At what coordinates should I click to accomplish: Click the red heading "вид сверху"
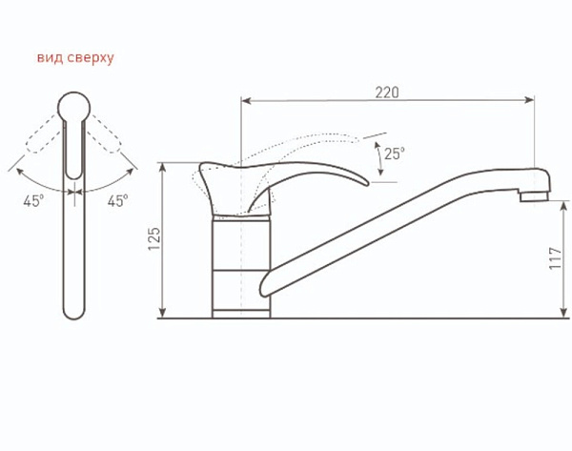75,57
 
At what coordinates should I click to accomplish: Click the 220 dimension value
387,92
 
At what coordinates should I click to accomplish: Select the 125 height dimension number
154,239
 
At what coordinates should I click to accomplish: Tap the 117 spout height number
555,258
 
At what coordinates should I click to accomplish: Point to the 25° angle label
395,154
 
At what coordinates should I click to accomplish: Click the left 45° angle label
33,201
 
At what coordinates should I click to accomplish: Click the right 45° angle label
117,200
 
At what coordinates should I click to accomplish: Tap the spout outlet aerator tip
534,197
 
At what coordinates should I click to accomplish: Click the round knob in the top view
74,107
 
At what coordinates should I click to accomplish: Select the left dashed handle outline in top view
43,133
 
